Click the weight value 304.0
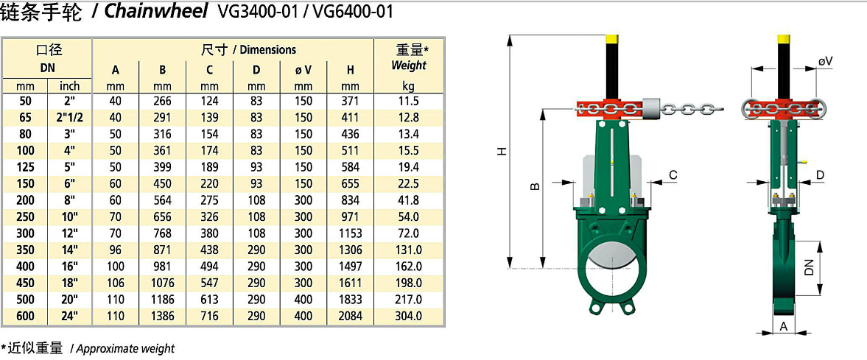[409, 317]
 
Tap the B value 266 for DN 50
[163, 101]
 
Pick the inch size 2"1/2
[69, 117]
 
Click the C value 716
[209, 317]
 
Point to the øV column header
[303, 70]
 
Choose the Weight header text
[409, 66]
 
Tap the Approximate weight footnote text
[125, 348]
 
